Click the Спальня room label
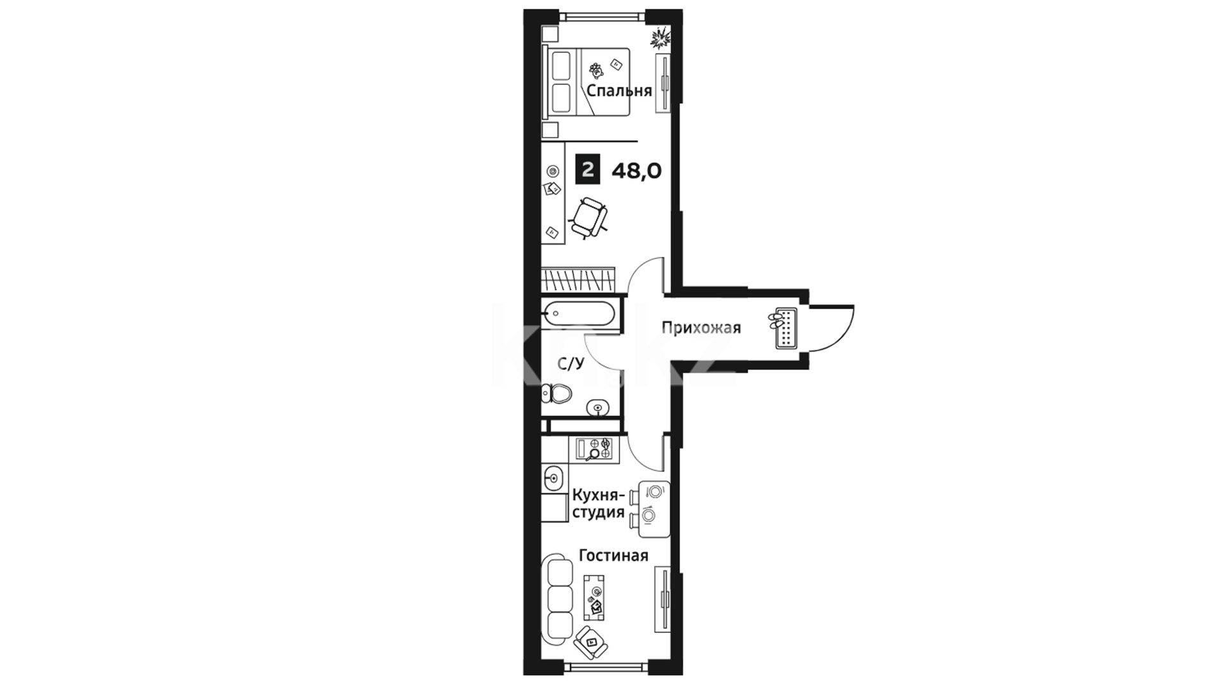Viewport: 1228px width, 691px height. pos(619,91)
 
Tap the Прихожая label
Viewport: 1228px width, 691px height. pos(701,328)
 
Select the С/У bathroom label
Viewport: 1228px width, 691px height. pos(571,364)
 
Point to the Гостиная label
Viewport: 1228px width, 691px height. pos(613,555)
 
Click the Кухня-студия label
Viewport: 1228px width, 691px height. pos(598,504)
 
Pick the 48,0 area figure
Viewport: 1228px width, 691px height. pos(636,171)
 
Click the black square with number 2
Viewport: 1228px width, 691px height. pos(588,170)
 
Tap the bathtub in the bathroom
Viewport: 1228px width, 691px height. pos(579,314)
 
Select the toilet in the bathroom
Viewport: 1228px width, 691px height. pos(556,393)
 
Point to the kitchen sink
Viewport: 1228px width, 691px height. pos(553,477)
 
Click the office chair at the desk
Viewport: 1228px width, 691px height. pos(589,218)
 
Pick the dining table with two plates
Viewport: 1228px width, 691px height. pos(654,509)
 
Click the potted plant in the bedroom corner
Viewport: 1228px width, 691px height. pos(659,39)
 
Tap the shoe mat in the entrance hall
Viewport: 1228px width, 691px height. pos(786,328)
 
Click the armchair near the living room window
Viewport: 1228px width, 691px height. pos(591,642)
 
